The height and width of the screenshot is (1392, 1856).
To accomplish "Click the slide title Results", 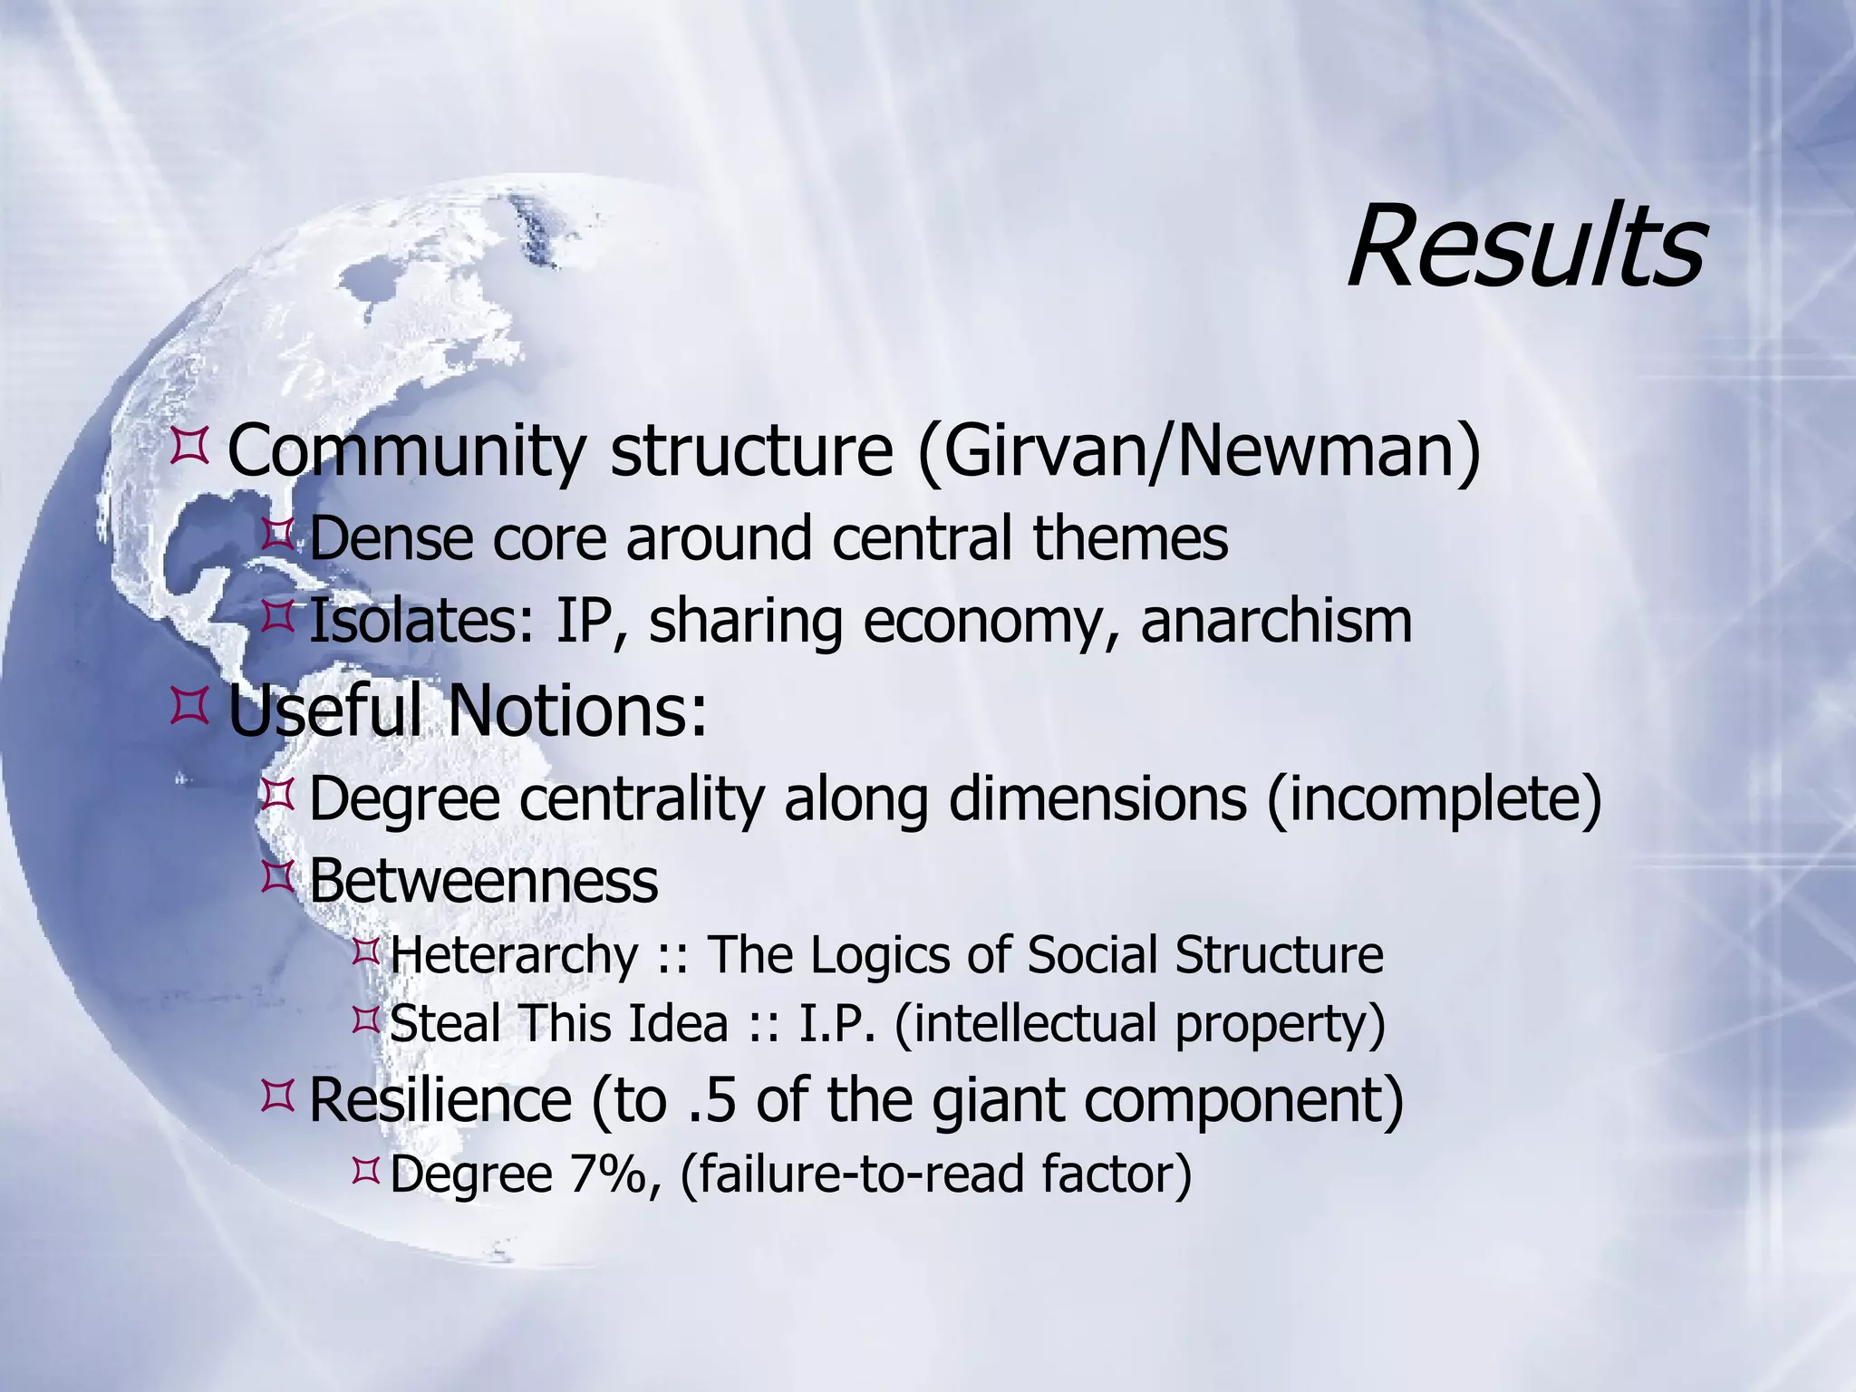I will [x=1526, y=247].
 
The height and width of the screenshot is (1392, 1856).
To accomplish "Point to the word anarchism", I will [x=1276, y=622].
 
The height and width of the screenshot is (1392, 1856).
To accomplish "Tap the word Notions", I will [x=577, y=710].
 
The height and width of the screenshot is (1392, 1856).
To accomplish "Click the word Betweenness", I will [x=483, y=881].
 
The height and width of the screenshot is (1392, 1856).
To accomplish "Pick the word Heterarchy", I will [x=515, y=955].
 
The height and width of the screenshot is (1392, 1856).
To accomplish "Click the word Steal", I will [x=445, y=1024].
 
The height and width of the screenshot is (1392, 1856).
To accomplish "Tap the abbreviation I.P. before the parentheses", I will [x=837, y=1024].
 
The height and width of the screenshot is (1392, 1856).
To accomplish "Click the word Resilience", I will [x=440, y=1100].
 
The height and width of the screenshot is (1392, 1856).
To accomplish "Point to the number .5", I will [x=711, y=1100].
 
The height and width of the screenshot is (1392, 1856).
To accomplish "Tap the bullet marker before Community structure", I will [x=189, y=448].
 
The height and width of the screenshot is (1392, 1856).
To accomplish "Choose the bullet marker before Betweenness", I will [x=276, y=877].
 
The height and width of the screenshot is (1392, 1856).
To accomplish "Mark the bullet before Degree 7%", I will [x=365, y=1172].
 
